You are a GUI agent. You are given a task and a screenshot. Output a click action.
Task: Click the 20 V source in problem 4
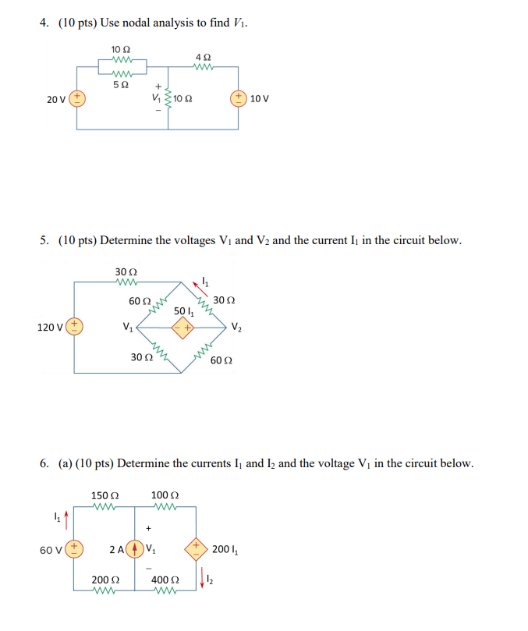pyautogui.click(x=77, y=99)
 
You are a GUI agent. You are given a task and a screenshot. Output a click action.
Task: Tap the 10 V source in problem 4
pyautogui.click(x=238, y=99)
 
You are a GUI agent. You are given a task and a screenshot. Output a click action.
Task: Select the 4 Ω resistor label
pyautogui.click(x=203, y=56)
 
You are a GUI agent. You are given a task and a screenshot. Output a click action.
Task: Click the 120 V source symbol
pyautogui.click(x=76, y=326)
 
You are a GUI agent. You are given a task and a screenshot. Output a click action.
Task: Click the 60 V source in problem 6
pyautogui.click(x=76, y=550)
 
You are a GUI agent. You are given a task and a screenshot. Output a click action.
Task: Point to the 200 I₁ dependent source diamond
pyautogui.click(x=196, y=550)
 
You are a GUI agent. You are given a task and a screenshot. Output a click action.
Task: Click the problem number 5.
pyautogui.click(x=44, y=240)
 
